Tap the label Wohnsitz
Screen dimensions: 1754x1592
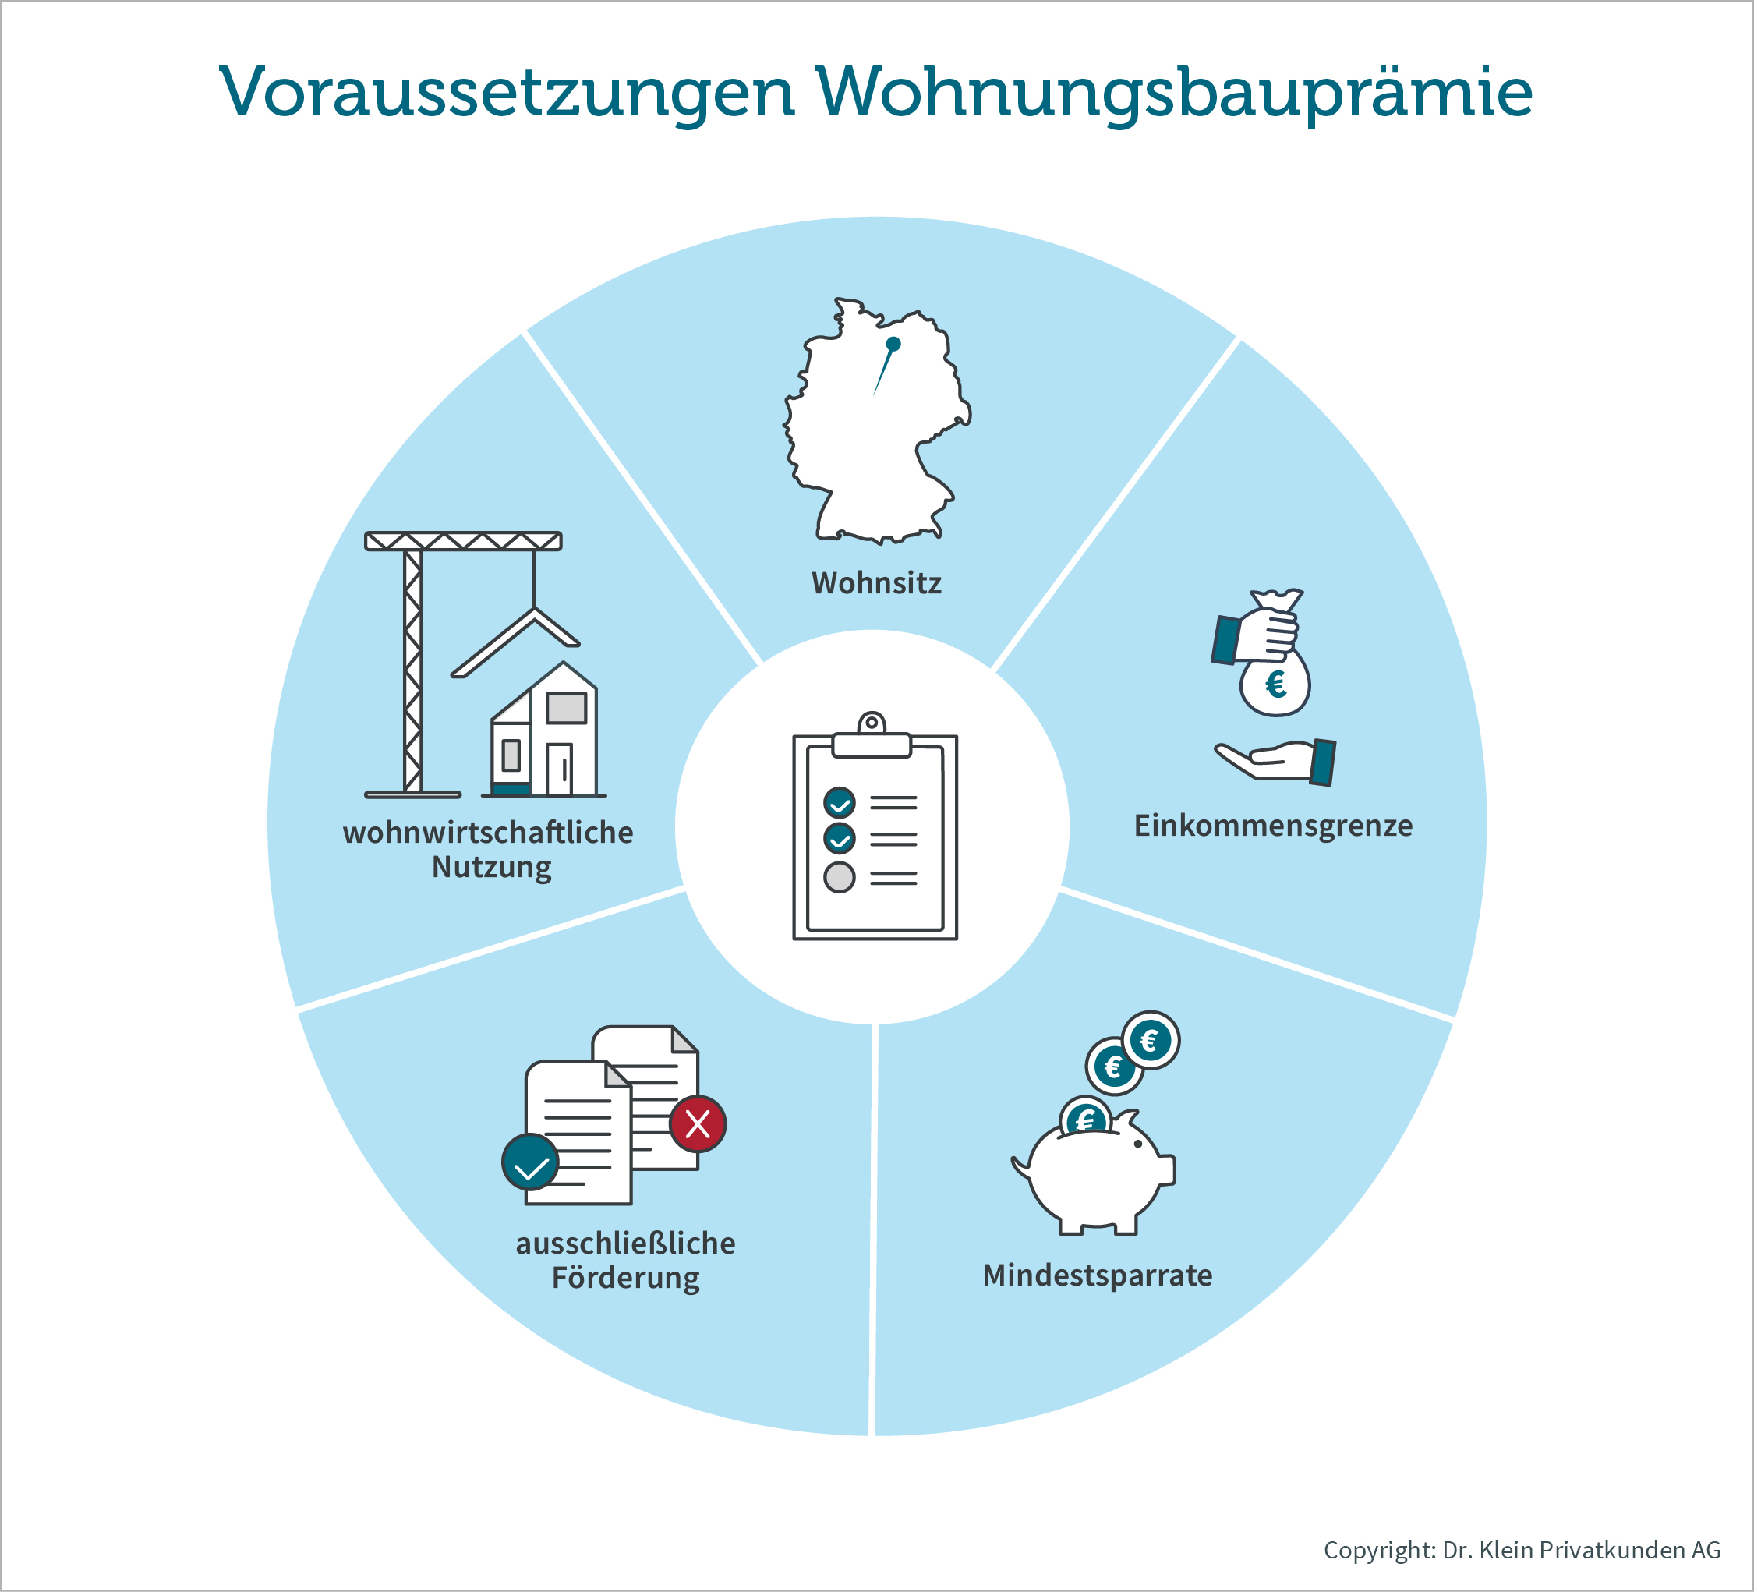(x=876, y=583)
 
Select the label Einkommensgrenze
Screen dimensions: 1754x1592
(x=1273, y=826)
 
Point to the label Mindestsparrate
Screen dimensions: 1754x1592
(x=1097, y=1275)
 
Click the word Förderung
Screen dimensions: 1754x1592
(x=625, y=1279)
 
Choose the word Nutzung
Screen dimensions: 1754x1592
(x=492, y=869)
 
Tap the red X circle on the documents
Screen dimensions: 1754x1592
(x=698, y=1124)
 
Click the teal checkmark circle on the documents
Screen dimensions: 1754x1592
(x=531, y=1162)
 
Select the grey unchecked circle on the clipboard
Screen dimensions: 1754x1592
(x=840, y=877)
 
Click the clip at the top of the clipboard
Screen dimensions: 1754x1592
(x=872, y=736)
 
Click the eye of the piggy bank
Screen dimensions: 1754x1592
(x=1138, y=1144)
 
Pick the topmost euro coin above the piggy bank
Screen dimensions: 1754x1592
(x=1150, y=1041)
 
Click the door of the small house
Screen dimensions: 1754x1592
(x=560, y=769)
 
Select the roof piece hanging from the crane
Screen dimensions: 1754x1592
(x=516, y=641)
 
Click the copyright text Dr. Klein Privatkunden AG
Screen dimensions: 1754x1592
(x=1582, y=1549)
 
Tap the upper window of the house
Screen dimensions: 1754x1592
(x=567, y=708)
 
